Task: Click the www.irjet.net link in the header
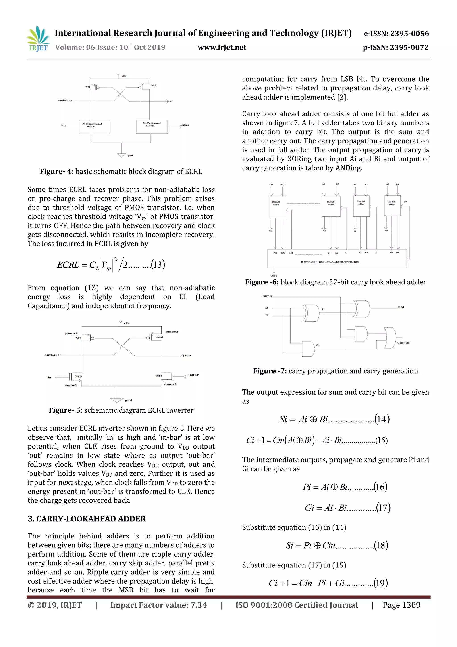tap(222, 47)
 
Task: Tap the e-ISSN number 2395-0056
tap(409, 34)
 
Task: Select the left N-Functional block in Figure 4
tap(94, 126)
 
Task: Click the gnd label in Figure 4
tap(130, 155)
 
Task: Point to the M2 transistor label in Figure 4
tap(153, 85)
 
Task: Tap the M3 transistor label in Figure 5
tap(78, 376)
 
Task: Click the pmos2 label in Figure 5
tap(172, 332)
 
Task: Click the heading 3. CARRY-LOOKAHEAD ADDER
tap(87, 519)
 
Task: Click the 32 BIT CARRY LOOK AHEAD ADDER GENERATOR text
tap(330, 262)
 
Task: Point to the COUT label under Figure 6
tap(274, 276)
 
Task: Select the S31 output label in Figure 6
tap(271, 231)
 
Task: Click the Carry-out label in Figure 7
tap(403, 343)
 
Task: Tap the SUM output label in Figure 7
tap(401, 307)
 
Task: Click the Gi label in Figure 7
tap(318, 345)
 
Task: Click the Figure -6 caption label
tap(262, 282)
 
